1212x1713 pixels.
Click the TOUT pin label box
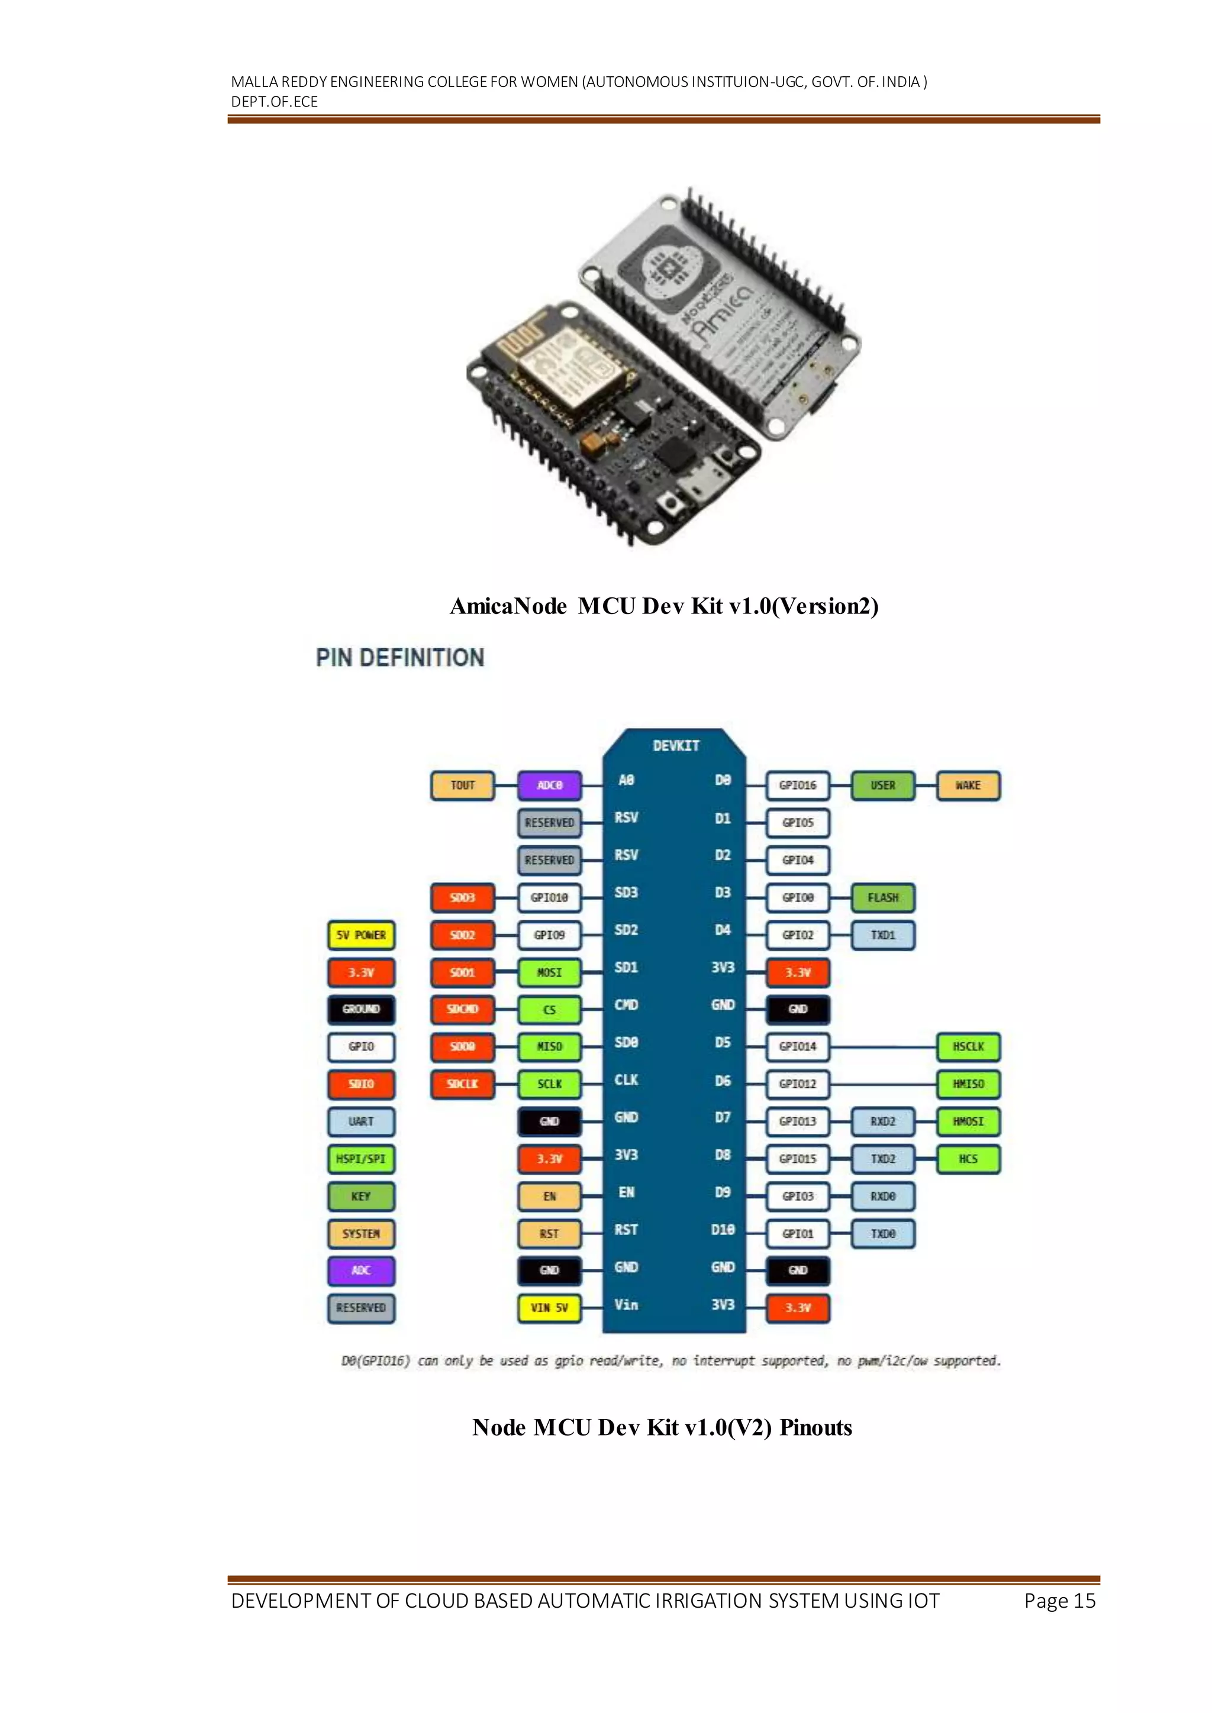tap(462, 786)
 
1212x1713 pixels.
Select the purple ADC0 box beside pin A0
tap(549, 786)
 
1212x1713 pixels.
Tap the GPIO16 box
tap(797, 786)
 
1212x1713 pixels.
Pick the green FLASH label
tap(882, 897)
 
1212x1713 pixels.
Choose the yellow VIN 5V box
tap(549, 1308)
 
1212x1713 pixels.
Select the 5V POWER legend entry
tap(361, 935)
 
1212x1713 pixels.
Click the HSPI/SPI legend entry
tap(361, 1159)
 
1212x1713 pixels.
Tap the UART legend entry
tap(361, 1121)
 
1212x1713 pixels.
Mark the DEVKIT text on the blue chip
tap(675, 746)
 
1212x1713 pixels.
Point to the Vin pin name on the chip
tap(626, 1305)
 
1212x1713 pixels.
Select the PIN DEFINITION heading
tap(400, 657)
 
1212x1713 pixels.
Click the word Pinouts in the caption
tap(815, 1427)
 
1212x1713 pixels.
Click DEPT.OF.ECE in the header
tap(274, 102)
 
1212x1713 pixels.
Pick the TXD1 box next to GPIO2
tap(882, 935)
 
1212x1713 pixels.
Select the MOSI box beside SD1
tap(549, 972)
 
